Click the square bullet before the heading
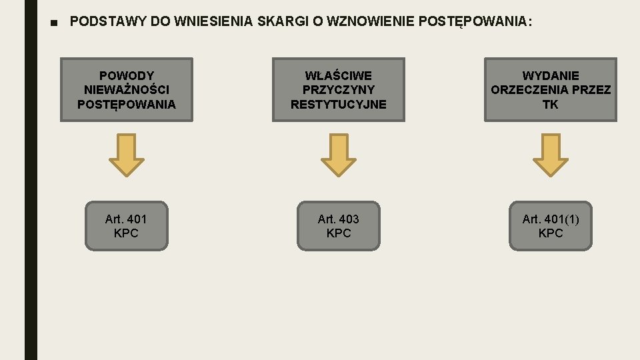[x=55, y=22]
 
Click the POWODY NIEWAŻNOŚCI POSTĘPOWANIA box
[x=127, y=90]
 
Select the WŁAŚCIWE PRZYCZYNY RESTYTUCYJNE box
[x=339, y=90]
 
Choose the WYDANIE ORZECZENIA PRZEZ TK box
[x=551, y=90]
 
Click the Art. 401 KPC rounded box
[x=127, y=226]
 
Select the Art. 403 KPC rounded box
[x=339, y=226]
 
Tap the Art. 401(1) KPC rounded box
[x=551, y=226]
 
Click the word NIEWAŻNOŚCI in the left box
[x=127, y=90]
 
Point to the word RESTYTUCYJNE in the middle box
[x=339, y=105]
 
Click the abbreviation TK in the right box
[x=551, y=105]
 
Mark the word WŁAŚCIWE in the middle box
[x=339, y=75]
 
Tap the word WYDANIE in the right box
[x=551, y=75]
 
